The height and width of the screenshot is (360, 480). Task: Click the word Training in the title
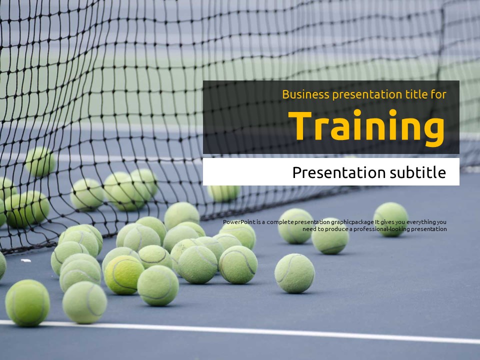coord(366,126)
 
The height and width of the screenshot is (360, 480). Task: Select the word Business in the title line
coord(305,94)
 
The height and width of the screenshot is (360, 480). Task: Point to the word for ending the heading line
coord(438,94)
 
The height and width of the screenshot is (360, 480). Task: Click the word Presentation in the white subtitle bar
coord(339,172)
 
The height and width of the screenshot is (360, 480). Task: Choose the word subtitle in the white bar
coord(418,172)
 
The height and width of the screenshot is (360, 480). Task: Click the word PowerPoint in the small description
coord(239,222)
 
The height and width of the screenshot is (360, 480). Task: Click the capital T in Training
coord(300,125)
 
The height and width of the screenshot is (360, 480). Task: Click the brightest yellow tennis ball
coord(123,275)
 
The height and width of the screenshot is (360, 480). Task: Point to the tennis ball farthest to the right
coord(391,219)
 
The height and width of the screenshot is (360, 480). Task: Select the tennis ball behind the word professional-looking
coord(330,236)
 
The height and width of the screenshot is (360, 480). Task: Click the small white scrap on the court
coord(25,260)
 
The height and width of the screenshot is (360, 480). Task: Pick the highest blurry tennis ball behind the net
coord(40,161)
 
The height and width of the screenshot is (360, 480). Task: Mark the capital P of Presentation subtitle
coord(297,172)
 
